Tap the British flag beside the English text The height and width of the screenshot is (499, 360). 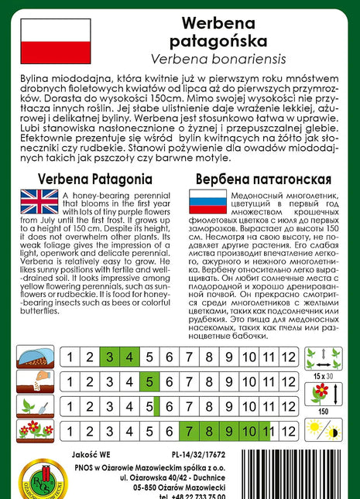tap(39, 202)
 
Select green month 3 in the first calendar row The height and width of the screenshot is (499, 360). tap(110, 357)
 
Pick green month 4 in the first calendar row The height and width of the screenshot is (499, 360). tap(129, 357)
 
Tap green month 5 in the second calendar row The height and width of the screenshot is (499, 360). tap(149, 381)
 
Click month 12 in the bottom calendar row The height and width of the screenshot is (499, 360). tap(288, 431)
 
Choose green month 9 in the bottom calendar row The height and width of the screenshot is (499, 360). tap(228, 431)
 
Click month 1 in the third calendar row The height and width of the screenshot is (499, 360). tap(70, 406)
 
